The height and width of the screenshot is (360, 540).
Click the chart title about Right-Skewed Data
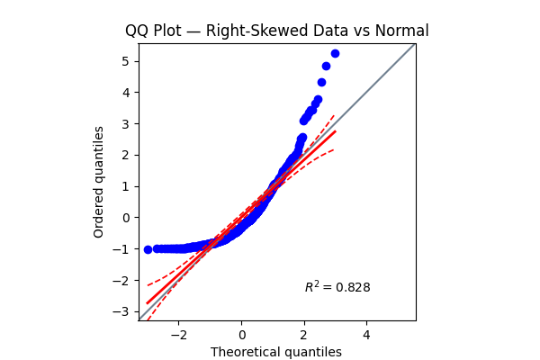coord(276,31)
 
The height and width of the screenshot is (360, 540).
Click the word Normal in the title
coord(401,31)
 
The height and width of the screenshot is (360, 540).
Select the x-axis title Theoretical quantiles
coord(276,352)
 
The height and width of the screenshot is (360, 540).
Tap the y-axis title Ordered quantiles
coord(99,182)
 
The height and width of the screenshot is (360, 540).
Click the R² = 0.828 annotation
coord(337,287)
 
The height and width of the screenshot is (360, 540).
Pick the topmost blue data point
coord(335,53)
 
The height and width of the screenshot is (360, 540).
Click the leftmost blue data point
coord(148,249)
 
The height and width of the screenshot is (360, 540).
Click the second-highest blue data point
coord(326,66)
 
